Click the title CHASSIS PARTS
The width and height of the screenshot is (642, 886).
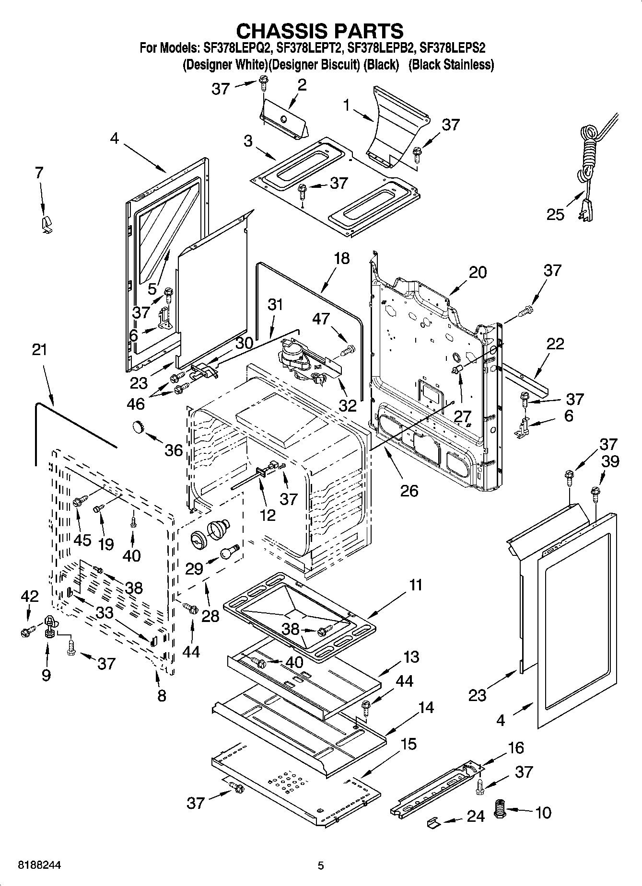[320, 31]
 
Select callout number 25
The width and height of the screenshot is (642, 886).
[556, 214]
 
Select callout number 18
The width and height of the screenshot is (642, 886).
[342, 258]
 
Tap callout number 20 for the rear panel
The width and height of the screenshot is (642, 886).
[478, 272]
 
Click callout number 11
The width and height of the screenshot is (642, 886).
[416, 585]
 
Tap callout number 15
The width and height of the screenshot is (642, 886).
[409, 744]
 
